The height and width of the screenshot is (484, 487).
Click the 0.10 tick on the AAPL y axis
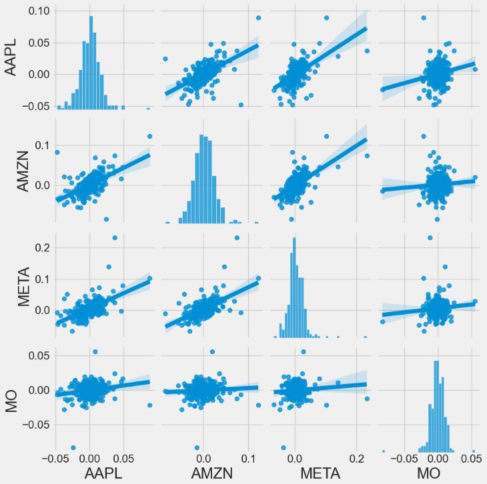coord(38,11)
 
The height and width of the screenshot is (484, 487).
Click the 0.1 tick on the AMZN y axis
coord(42,145)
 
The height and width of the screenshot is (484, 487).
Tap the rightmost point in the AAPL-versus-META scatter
coord(367,51)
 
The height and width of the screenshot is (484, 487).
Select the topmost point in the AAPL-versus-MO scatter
coord(424,17)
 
